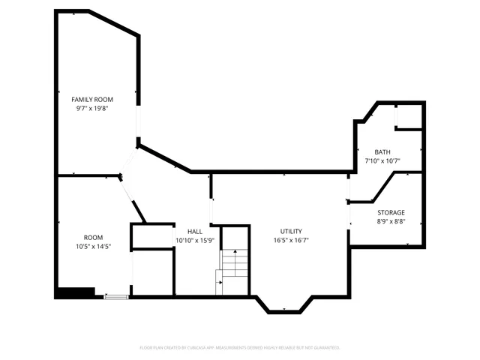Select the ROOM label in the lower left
93,237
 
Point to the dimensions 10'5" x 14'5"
93,246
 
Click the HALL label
194,232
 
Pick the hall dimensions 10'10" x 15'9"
194,241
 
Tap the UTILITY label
291,232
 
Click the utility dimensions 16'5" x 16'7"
291,241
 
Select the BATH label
382,151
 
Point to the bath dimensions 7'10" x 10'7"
382,160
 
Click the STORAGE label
390,213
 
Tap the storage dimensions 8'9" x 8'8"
390,222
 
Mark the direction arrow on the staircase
219,283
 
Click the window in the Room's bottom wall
115,297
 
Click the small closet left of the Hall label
152,237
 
